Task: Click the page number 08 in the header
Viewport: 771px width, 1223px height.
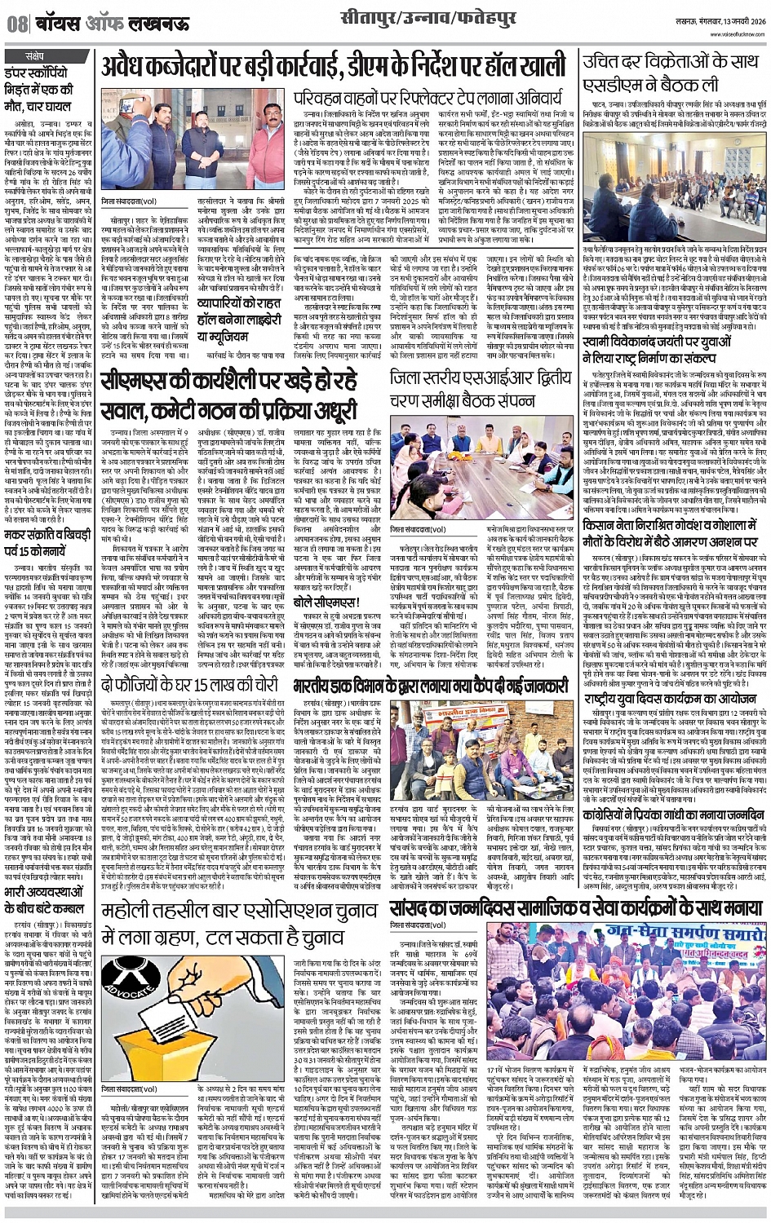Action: coord(17,24)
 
